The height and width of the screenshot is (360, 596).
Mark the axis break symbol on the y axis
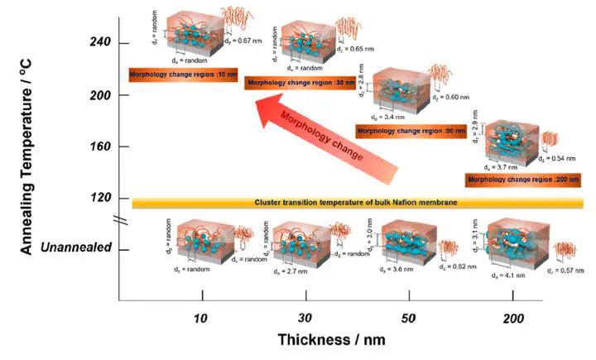click(120, 221)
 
